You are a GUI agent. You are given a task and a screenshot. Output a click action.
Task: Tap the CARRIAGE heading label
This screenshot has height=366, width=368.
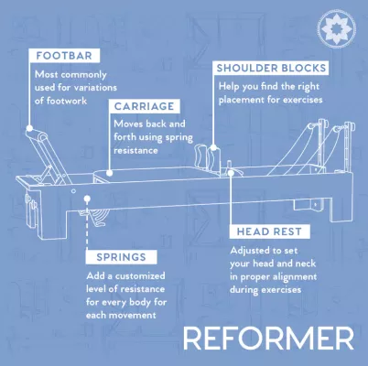point(144,105)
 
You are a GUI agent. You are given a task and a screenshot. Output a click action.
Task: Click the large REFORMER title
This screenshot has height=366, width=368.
point(267,338)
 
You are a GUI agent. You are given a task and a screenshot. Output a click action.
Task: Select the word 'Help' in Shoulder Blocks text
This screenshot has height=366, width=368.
point(227,85)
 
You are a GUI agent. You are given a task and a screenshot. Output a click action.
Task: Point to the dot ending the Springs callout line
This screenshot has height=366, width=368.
point(87,197)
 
